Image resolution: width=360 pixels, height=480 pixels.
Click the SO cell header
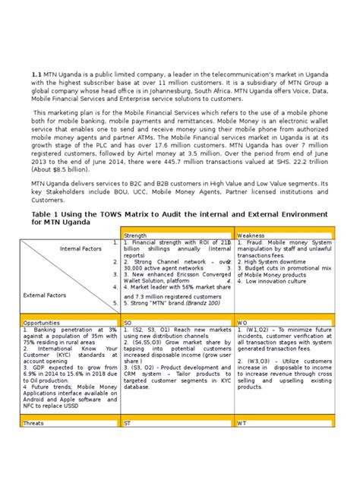pos(128,323)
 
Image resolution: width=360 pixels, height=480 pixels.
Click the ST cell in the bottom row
pos(128,422)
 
